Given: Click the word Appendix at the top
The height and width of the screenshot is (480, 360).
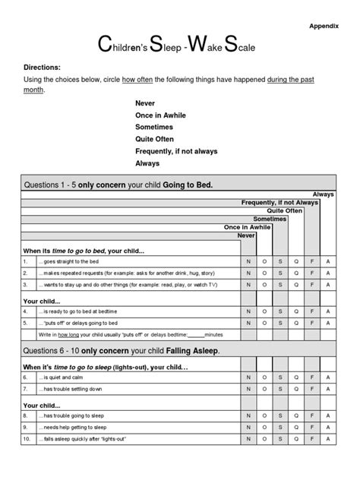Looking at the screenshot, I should pyautogui.click(x=324, y=24).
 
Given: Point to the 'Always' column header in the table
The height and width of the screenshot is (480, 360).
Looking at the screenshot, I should pyautogui.click(x=323, y=195).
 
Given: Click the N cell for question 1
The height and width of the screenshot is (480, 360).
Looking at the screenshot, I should pyautogui.click(x=247, y=261).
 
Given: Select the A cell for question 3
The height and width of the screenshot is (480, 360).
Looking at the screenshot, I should pyautogui.click(x=327, y=285).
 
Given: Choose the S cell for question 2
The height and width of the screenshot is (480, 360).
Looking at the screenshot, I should pyautogui.click(x=279, y=273).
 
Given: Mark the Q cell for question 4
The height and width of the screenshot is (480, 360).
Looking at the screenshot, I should pyautogui.click(x=295, y=311).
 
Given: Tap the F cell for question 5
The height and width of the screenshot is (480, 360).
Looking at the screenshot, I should pyautogui.click(x=311, y=323).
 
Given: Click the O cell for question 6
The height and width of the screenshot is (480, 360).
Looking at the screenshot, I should pyautogui.click(x=264, y=377).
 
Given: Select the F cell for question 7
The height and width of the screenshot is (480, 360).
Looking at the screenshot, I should pyautogui.click(x=311, y=389).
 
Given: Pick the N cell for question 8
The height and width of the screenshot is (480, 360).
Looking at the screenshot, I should pyautogui.click(x=247, y=417).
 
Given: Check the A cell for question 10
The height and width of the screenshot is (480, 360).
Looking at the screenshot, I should pyautogui.click(x=327, y=441).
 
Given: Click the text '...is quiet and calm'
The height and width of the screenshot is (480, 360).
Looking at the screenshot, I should pyautogui.click(x=68, y=377).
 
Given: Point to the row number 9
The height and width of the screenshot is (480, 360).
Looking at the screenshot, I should pyautogui.click(x=25, y=428).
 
